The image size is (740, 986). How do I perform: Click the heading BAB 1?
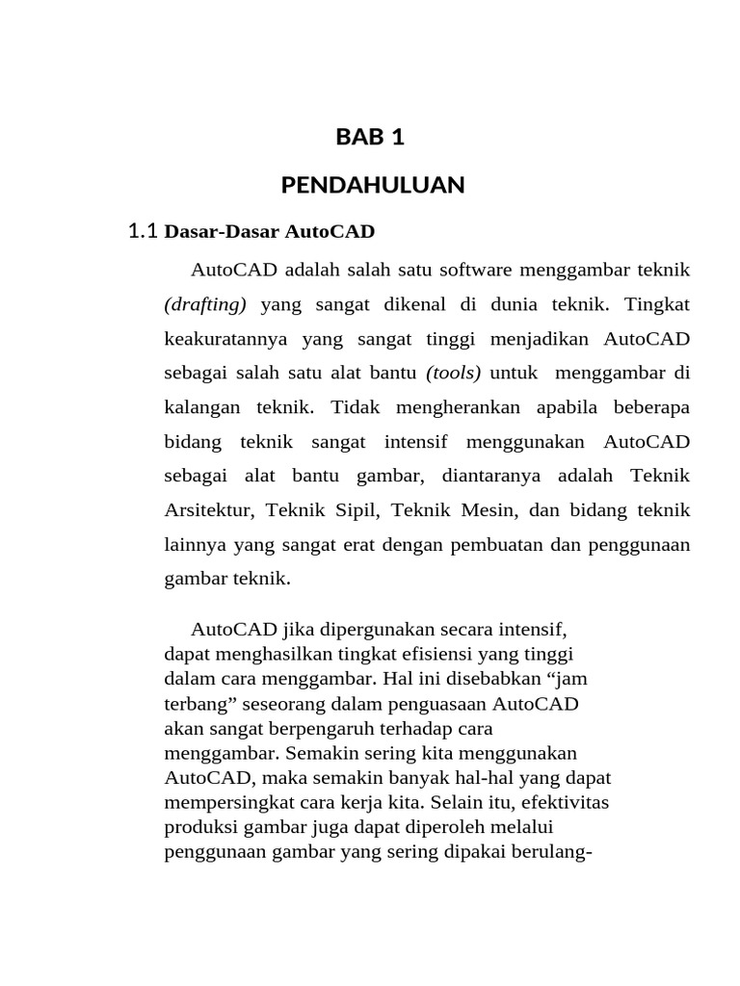coord(370,138)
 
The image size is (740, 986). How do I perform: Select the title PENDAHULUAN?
coord(373,185)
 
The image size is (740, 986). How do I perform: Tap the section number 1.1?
coord(142,231)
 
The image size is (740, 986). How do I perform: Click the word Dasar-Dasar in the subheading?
coord(209,232)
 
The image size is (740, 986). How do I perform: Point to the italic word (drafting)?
coord(205,304)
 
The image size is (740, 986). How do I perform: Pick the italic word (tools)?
coord(453,373)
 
